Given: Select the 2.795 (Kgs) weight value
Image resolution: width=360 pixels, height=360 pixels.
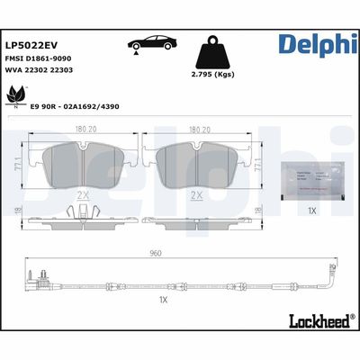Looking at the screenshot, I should (x=214, y=76).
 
